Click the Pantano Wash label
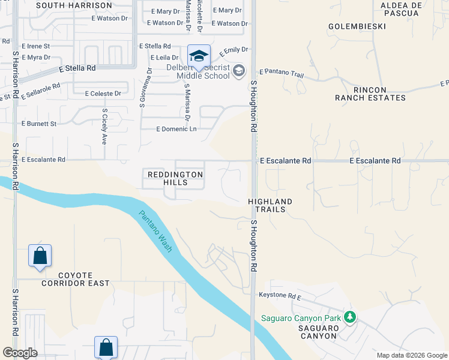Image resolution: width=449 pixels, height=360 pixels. pos(155,231)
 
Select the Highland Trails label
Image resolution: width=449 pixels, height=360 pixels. pos(270,206)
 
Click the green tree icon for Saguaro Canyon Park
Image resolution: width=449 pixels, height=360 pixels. pos(349,317)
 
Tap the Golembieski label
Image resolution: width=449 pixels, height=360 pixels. pos(357,26)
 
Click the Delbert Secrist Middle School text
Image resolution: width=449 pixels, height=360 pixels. pos(198,72)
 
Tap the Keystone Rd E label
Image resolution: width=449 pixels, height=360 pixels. pos(279,296)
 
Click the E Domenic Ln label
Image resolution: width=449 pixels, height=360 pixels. pos(176,129)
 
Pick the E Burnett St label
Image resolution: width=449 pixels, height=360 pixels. pos(38,124)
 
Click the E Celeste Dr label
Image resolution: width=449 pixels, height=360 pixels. pos(103,94)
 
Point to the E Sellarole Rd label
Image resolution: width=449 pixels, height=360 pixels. pos(41,90)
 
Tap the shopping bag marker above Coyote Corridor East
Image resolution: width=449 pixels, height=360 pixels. pos(40,256)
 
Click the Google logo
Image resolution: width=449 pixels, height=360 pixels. pos(20,353)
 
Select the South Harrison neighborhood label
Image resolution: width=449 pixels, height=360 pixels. pos(74,5)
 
